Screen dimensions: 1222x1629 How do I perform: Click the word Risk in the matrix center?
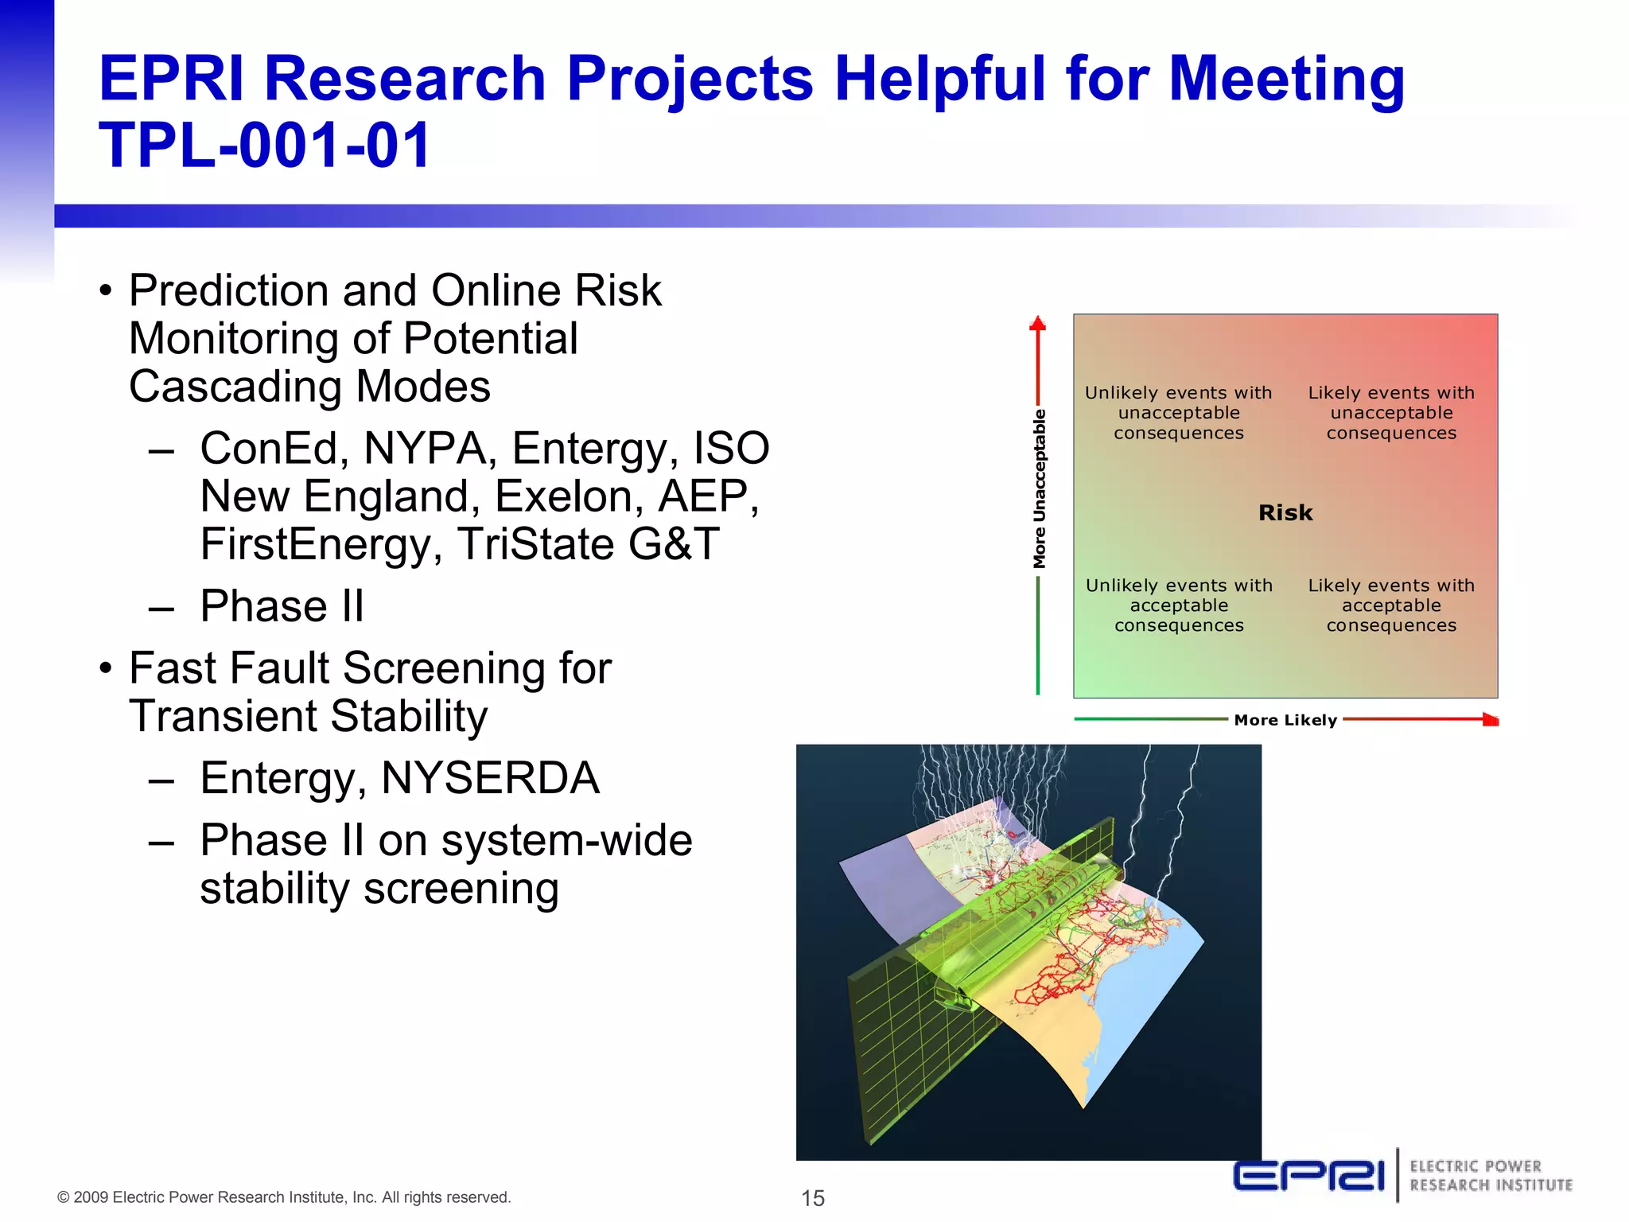[x=1285, y=513]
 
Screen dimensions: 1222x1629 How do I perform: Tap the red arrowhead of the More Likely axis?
[x=1491, y=720]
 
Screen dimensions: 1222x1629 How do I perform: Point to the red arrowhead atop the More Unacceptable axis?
[x=1037, y=324]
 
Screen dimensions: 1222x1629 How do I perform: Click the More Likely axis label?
[x=1285, y=720]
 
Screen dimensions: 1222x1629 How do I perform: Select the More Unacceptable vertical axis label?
[x=1039, y=489]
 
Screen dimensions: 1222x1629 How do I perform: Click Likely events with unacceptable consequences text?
[x=1391, y=413]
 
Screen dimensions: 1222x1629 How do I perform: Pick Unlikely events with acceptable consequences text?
[x=1179, y=605]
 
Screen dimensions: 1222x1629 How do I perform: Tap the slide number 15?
[x=813, y=1197]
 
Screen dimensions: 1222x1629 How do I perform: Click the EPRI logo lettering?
[x=1309, y=1175]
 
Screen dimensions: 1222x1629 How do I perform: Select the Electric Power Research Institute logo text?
[x=1491, y=1176]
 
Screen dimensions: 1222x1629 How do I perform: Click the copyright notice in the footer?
[x=284, y=1197]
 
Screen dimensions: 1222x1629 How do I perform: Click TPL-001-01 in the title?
[x=264, y=146]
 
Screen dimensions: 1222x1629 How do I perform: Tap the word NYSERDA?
[x=490, y=778]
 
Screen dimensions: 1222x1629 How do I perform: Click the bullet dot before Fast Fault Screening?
[x=106, y=668]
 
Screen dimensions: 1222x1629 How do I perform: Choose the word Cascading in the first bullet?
[x=236, y=387]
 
